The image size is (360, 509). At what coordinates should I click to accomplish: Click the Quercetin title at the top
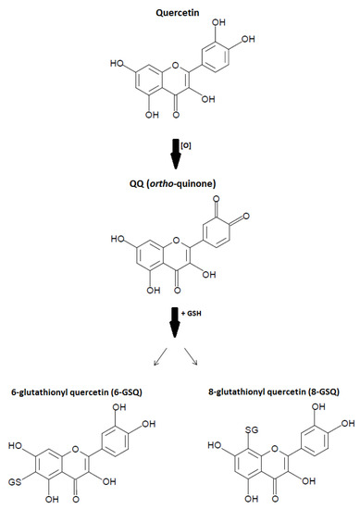pos(181,8)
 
